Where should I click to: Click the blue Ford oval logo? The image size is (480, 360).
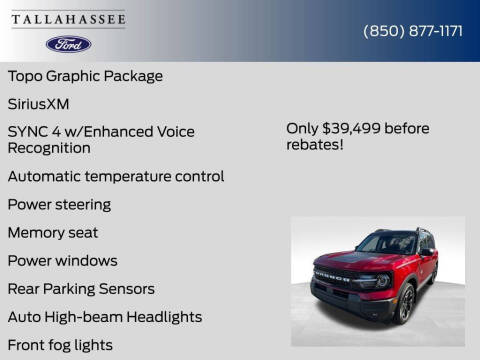tap(68, 44)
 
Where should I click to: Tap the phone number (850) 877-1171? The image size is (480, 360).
tap(412, 30)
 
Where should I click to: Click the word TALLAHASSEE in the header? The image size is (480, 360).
tap(69, 19)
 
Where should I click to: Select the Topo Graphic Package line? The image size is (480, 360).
tap(85, 76)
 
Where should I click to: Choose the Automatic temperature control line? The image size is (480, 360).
tap(115, 176)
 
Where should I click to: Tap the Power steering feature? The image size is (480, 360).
tap(59, 204)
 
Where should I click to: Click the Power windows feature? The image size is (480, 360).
tap(62, 260)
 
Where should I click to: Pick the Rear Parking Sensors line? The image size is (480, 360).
tap(81, 288)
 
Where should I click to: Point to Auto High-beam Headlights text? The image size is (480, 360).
tap(104, 316)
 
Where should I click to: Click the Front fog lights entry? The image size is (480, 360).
tap(60, 344)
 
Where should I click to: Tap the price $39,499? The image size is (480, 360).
tap(355, 127)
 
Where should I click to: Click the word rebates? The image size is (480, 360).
tap(315, 144)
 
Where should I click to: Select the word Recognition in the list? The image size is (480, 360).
tap(49, 148)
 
